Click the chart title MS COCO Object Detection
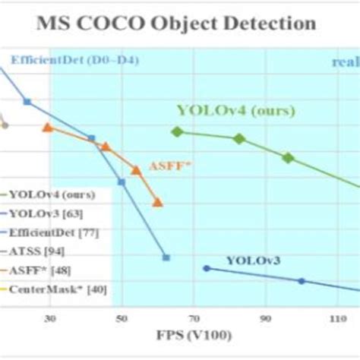pyautogui.click(x=176, y=23)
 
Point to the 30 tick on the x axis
pyautogui.click(x=51, y=319)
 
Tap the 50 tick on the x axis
pyautogui.click(x=121, y=319)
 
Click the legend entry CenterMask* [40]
pyautogui.click(x=56, y=289)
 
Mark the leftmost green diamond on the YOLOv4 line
pyautogui.click(x=178, y=131)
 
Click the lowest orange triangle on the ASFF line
pyautogui.click(x=157, y=202)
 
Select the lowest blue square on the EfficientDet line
pyautogui.click(x=166, y=257)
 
